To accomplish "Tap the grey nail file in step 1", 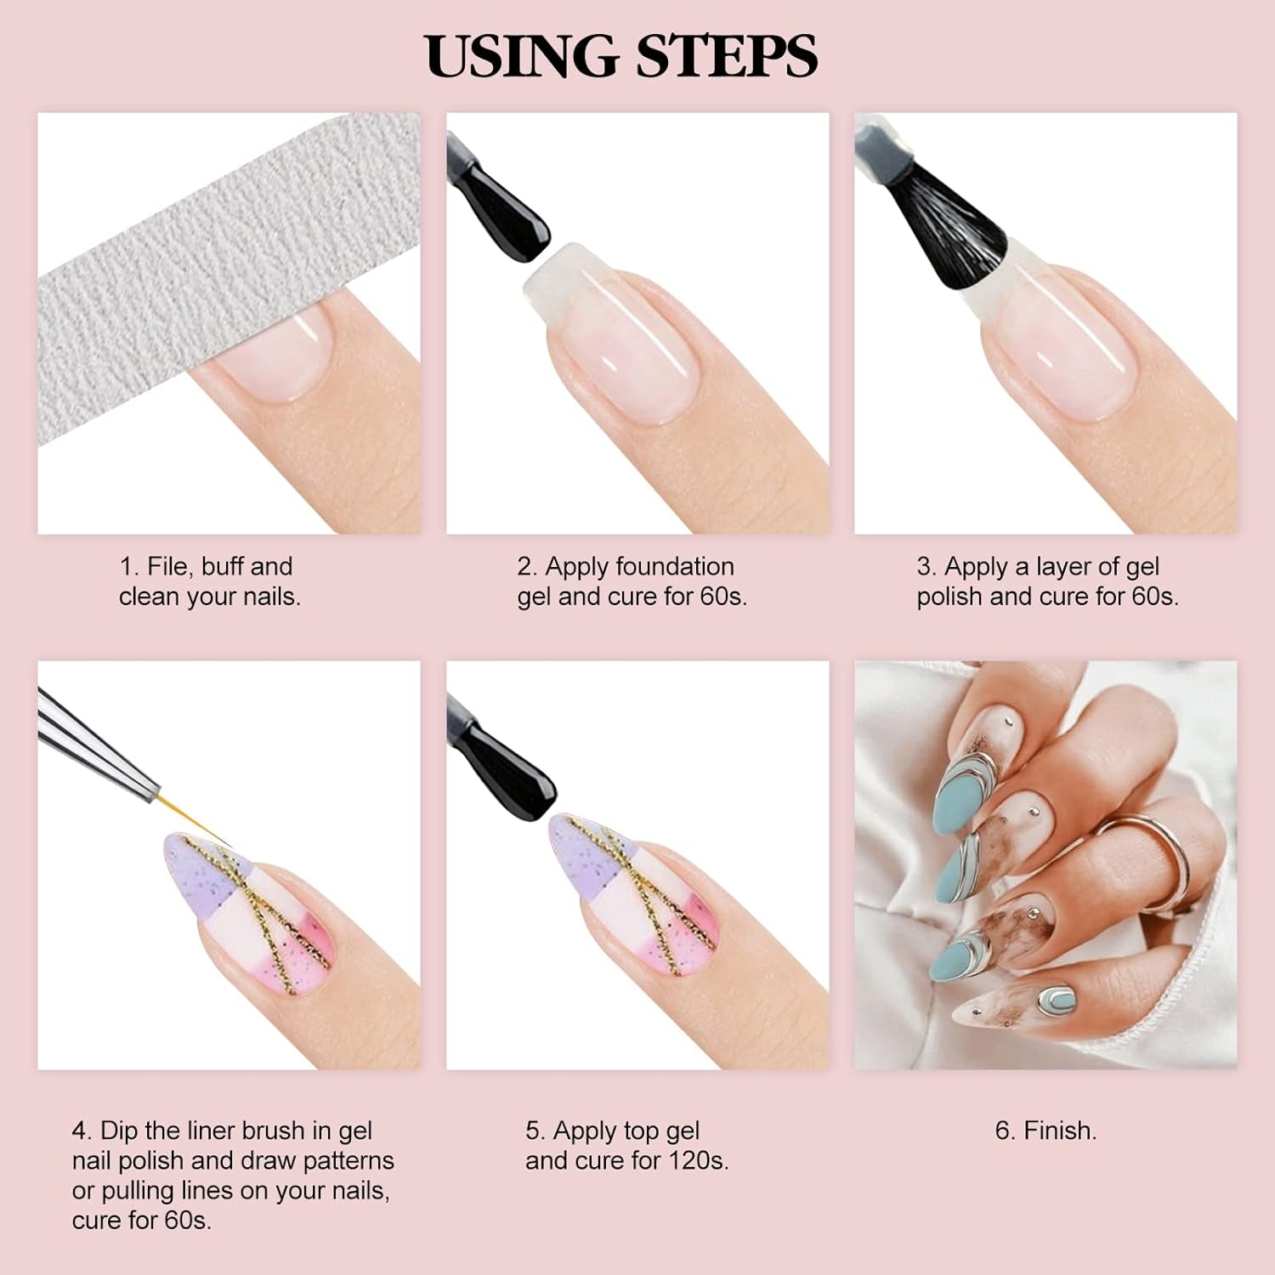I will point(212,280).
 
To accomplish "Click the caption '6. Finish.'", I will point(1045,1130).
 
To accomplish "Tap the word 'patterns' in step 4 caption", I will point(348,1160).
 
